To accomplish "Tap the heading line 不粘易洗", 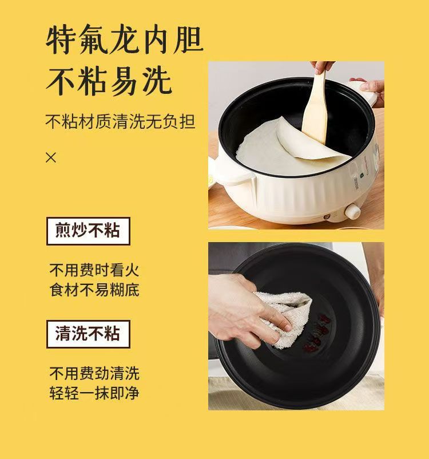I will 109,81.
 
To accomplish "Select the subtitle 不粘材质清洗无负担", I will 120,121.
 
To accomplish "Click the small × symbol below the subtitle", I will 51,157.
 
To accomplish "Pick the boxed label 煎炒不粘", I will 88,231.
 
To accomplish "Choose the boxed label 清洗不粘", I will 88,334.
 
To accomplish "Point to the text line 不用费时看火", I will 94,270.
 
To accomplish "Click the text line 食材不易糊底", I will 94,290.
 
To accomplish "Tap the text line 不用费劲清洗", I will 94,374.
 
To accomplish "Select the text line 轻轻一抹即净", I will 94,393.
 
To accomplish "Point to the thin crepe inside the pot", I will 275,146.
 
